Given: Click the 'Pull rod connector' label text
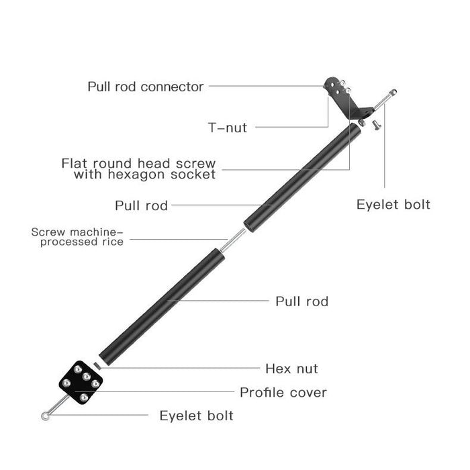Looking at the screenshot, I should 145,87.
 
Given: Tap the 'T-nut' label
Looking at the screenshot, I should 226,127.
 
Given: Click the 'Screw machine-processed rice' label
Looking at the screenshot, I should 77,237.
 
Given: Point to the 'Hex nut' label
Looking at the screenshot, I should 291,369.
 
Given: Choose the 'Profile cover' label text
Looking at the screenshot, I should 283,392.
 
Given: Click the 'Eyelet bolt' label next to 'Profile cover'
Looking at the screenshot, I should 196,416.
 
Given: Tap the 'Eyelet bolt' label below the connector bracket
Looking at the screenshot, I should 393,204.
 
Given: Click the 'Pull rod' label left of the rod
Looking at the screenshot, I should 141,205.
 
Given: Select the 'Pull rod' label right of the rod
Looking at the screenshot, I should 302,301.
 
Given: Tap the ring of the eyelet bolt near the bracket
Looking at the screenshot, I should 393,92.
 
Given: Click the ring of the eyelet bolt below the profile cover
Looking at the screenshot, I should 45,418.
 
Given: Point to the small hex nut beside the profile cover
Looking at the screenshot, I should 97,364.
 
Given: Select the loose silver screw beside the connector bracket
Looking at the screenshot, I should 376,123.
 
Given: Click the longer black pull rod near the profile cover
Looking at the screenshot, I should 160,304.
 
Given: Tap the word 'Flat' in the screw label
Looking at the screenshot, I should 75,163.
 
